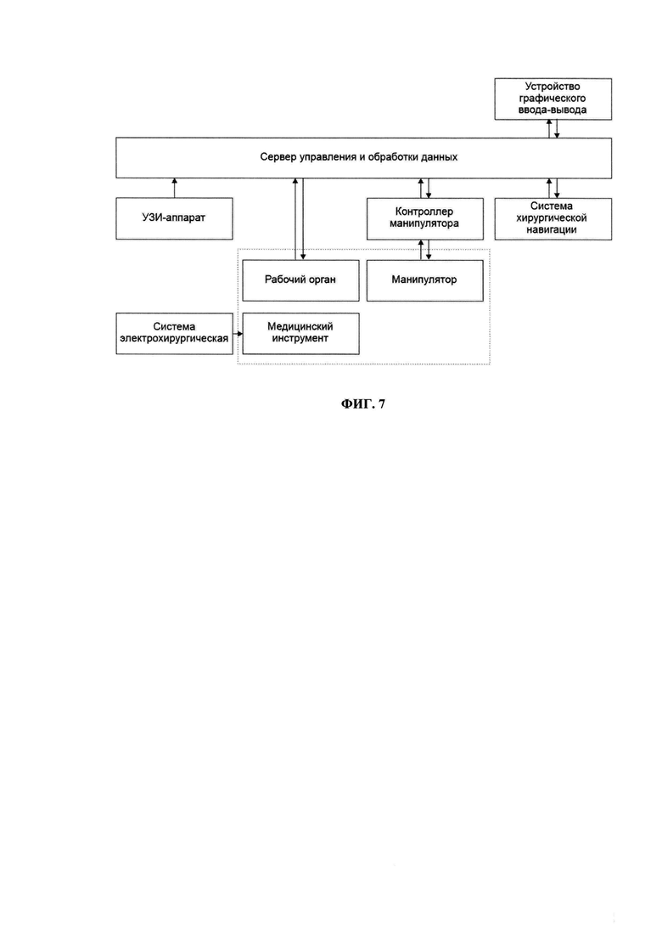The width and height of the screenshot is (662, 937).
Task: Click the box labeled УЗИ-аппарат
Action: click(174, 218)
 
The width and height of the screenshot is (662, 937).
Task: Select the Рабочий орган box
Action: click(300, 280)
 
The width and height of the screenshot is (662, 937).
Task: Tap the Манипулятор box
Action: click(425, 280)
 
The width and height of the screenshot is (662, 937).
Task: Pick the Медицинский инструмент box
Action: click(300, 334)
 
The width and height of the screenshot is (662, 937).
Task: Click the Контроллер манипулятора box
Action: click(425, 218)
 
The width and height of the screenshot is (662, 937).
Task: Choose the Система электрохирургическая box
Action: click(174, 334)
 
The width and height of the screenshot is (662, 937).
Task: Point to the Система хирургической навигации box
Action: click(553, 218)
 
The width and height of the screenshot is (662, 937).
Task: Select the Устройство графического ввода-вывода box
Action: click(553, 99)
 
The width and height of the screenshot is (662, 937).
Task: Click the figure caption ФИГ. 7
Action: click(363, 404)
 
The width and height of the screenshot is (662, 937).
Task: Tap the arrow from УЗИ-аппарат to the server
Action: click(174, 188)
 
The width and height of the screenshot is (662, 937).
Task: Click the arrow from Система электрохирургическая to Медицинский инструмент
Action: click(238, 334)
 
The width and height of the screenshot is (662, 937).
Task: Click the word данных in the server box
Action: click(439, 157)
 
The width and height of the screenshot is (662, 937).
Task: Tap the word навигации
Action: click(552, 229)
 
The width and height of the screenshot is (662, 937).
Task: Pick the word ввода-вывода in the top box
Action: click(553, 110)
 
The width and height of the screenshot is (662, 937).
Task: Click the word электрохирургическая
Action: click(174, 339)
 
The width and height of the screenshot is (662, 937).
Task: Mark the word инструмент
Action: click(300, 339)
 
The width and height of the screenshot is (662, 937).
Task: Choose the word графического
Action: click(553, 99)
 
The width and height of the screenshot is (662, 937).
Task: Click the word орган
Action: click(322, 279)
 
